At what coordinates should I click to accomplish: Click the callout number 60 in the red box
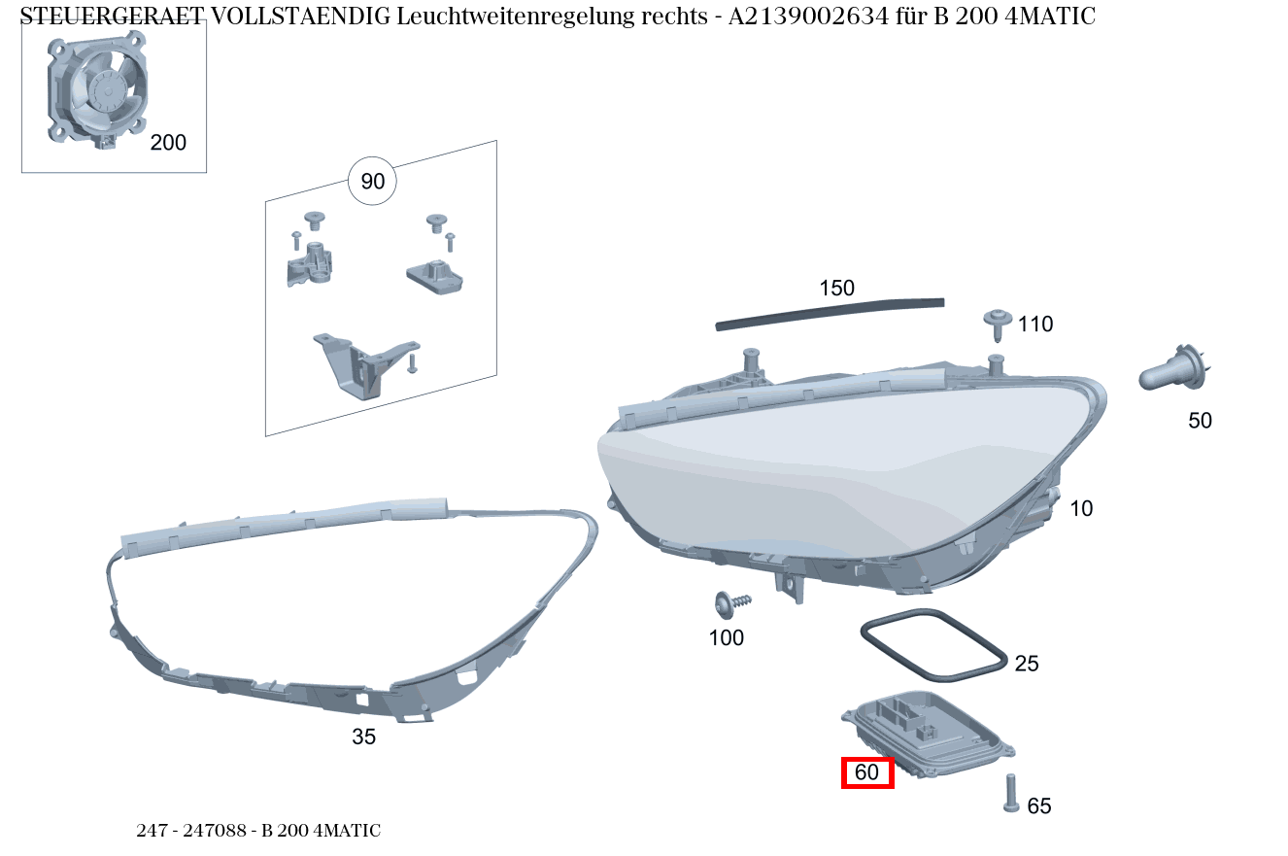pyautogui.click(x=866, y=772)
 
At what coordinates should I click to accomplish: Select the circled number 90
pyautogui.click(x=373, y=182)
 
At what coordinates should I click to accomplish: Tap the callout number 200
pyautogui.click(x=168, y=143)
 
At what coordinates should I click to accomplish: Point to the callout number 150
pyautogui.click(x=836, y=288)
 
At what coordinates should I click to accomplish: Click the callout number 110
pyautogui.click(x=1035, y=325)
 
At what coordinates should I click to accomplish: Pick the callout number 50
pyautogui.click(x=1201, y=421)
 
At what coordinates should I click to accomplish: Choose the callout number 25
pyautogui.click(x=1027, y=664)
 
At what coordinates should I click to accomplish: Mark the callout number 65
pyautogui.click(x=1039, y=805)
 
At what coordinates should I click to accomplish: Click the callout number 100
pyautogui.click(x=727, y=637)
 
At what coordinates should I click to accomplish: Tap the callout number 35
pyautogui.click(x=363, y=737)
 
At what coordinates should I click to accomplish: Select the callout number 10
pyautogui.click(x=1081, y=508)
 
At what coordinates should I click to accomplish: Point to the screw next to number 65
pyautogui.click(x=1011, y=792)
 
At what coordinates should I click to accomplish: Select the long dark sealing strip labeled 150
pyautogui.click(x=830, y=313)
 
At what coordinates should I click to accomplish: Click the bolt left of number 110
pyautogui.click(x=998, y=323)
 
